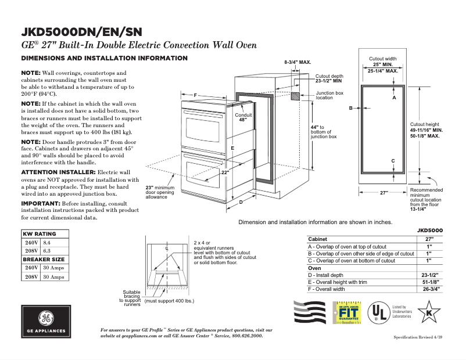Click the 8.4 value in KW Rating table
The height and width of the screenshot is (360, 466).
point(47,242)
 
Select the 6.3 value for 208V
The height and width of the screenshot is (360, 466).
point(47,250)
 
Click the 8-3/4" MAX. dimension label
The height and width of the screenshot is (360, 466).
point(297,62)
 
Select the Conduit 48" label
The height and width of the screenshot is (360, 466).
point(243,117)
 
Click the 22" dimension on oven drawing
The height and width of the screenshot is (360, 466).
point(225,172)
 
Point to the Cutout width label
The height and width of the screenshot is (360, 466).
point(383,59)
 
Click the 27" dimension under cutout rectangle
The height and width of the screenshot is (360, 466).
point(383,192)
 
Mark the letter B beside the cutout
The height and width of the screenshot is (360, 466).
point(350,109)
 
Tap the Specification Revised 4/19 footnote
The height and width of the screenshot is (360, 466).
point(418,337)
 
